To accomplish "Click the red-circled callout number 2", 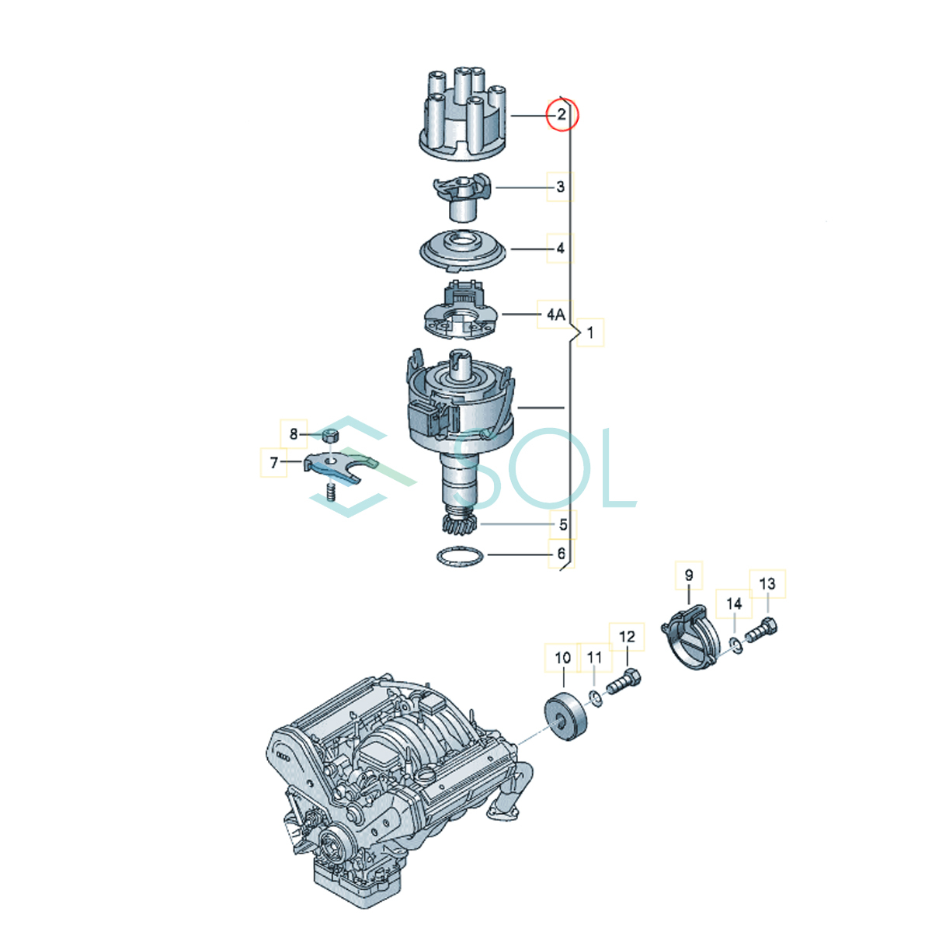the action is click(x=561, y=115).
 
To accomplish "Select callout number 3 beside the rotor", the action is click(x=560, y=186).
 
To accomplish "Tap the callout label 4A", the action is click(x=556, y=315).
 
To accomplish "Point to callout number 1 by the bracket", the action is click(x=589, y=332).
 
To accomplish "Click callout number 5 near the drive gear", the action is click(x=562, y=525).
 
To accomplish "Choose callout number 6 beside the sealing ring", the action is click(x=561, y=553).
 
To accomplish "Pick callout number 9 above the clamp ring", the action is click(x=689, y=575).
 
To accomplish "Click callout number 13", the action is click(x=767, y=584).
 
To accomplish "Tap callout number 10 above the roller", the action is click(x=562, y=658).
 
